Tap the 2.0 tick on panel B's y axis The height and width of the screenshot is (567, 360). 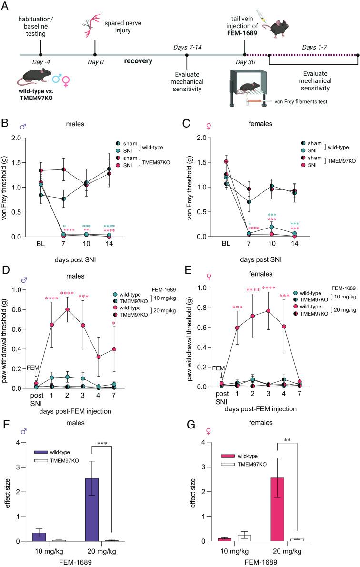(25, 138)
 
